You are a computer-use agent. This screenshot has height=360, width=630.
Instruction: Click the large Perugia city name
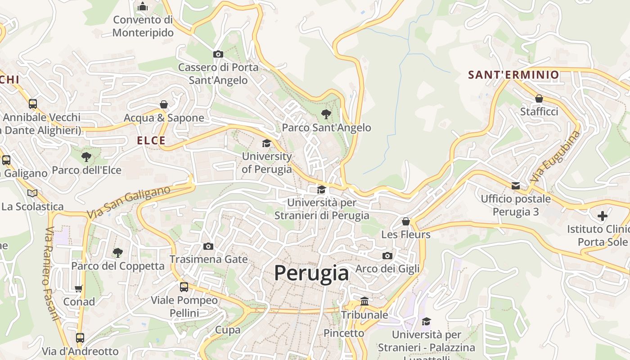[311, 273]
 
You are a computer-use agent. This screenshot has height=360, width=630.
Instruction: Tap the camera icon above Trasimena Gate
[208, 246]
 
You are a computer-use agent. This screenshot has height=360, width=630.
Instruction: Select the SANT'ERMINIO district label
[513, 75]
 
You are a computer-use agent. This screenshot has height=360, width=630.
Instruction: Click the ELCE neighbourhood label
[151, 140]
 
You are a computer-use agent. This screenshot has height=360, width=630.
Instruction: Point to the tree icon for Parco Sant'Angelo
[326, 114]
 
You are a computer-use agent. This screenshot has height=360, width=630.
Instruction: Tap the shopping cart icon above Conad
[79, 288]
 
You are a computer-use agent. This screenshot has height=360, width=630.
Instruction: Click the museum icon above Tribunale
[364, 301]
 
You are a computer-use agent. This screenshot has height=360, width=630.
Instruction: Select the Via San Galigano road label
[129, 202]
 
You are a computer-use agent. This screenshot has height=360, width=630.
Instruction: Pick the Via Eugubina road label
[555, 156]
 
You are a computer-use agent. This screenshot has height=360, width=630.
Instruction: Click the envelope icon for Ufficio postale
[516, 185]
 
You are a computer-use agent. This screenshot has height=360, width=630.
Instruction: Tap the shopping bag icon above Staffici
[539, 98]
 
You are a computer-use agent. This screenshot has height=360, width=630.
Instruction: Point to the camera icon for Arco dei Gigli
[387, 256]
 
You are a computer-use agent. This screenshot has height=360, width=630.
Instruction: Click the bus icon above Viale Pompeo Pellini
[184, 287]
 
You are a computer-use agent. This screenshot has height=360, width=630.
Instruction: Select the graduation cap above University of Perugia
[267, 143]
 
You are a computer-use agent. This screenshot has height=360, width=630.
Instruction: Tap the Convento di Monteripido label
[143, 26]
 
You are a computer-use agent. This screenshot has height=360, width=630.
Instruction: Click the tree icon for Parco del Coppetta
[118, 252]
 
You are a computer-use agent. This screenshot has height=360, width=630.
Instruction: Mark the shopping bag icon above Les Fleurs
[406, 221]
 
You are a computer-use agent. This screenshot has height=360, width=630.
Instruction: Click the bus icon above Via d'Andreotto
[80, 337]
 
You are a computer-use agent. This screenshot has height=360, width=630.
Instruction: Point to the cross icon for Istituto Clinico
[603, 216]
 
